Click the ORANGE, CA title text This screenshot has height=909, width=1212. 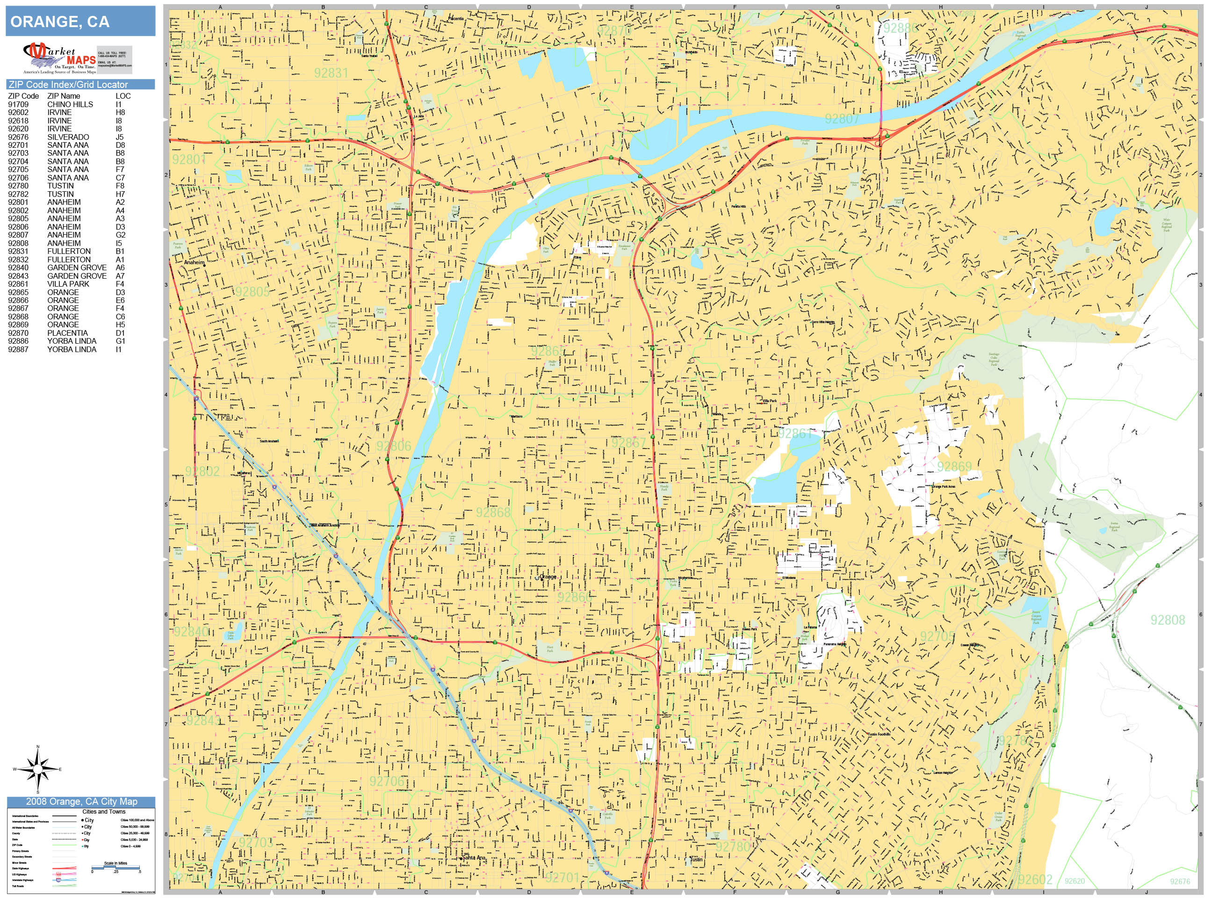(x=60, y=22)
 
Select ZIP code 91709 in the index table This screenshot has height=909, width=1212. (x=18, y=104)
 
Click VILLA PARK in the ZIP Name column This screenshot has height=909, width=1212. (x=68, y=284)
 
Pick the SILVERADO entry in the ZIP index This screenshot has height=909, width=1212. (x=68, y=137)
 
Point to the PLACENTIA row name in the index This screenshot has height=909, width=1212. (x=67, y=332)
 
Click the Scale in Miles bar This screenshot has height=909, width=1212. (x=115, y=867)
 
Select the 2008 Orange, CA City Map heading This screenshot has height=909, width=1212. (x=81, y=801)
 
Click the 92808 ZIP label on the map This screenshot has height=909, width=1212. (x=1167, y=620)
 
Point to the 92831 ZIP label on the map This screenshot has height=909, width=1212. (x=331, y=73)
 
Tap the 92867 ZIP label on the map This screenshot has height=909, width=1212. (x=628, y=442)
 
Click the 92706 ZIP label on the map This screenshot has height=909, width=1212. (x=387, y=781)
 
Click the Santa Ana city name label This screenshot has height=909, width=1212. (x=474, y=858)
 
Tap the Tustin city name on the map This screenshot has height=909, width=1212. (x=696, y=859)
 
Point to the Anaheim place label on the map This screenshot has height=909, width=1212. (x=194, y=262)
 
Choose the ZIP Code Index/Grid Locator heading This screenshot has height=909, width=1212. (x=68, y=84)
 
